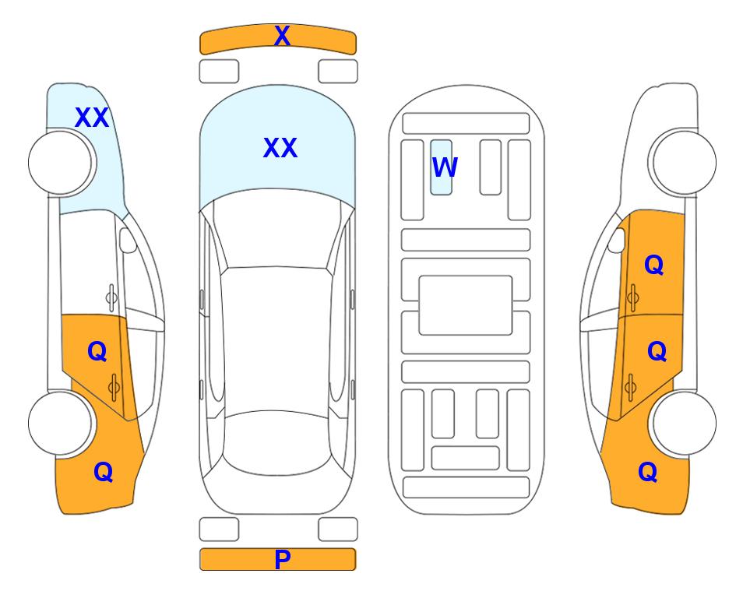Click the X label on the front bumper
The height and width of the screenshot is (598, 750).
(x=282, y=35)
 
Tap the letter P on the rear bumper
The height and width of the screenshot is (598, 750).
(x=282, y=559)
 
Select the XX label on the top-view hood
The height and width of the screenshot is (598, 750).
(x=280, y=147)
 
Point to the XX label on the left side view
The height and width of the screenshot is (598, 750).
(x=92, y=118)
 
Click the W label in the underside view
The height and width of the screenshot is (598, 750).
(x=445, y=167)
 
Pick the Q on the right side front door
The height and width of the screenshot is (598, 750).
(x=654, y=264)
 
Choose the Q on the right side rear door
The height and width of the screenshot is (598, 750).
(x=657, y=351)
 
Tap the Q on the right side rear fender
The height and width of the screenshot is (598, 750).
(x=648, y=472)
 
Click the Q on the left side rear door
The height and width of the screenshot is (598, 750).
(x=97, y=351)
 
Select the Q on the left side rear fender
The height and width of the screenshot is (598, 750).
(x=104, y=472)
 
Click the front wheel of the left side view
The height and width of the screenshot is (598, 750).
(x=60, y=163)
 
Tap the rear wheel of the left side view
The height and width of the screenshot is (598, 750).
(x=60, y=424)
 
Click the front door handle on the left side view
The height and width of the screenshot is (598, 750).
(x=111, y=298)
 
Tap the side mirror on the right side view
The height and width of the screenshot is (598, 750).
(x=616, y=240)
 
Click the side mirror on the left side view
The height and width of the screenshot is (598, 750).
(x=128, y=240)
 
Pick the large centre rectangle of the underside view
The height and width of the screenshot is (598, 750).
(x=466, y=305)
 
